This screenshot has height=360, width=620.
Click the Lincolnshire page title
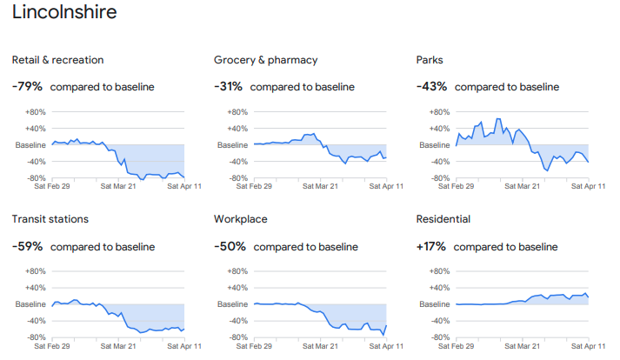(x=64, y=14)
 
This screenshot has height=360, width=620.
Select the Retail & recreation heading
(x=57, y=60)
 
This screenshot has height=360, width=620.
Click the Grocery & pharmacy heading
(x=265, y=60)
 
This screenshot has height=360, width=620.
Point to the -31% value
(x=230, y=87)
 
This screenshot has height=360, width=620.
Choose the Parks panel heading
(x=430, y=60)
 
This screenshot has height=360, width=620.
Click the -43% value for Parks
(x=433, y=87)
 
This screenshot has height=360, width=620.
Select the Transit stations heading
(x=50, y=219)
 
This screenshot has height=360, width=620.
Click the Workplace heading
(x=240, y=219)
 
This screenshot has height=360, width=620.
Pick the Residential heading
(x=443, y=219)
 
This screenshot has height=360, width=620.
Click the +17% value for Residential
(x=432, y=246)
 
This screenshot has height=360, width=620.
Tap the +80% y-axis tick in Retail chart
(x=35, y=112)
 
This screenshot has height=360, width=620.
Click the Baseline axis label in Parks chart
(x=437, y=145)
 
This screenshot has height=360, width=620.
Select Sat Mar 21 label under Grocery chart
(x=320, y=186)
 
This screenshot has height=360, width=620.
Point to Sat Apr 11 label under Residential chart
(x=589, y=345)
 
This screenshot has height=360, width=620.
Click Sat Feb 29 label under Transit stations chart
(x=51, y=345)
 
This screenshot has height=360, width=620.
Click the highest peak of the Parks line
(x=498, y=119)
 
